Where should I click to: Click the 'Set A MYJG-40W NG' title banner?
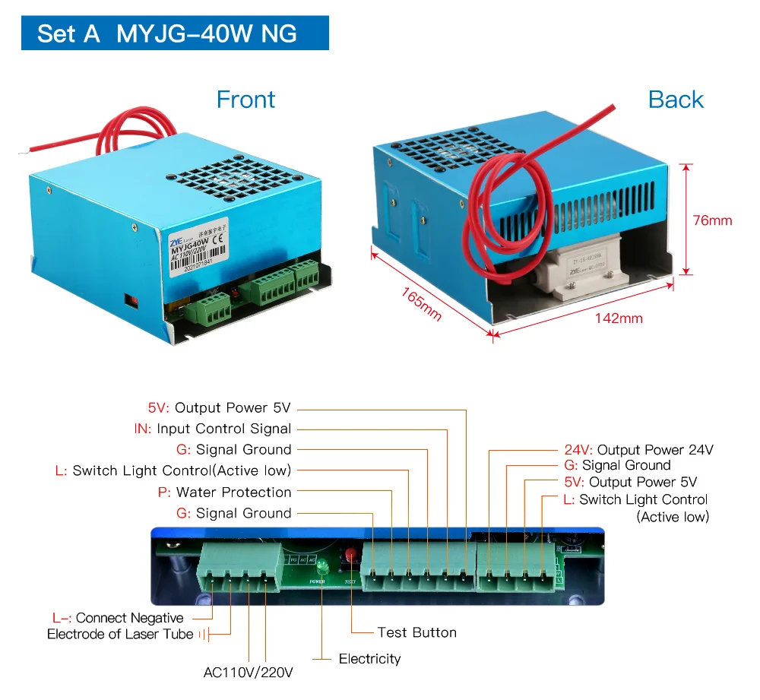click(x=174, y=33)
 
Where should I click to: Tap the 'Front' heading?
click(x=245, y=100)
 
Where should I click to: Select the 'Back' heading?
click(x=676, y=100)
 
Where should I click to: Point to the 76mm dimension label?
click(x=712, y=220)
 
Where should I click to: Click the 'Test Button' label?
click(x=416, y=632)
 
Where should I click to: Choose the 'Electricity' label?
click(x=369, y=658)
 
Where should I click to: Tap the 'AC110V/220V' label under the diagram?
click(x=248, y=673)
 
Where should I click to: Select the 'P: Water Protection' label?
click(x=224, y=493)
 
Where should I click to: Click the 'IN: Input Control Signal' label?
click(x=213, y=429)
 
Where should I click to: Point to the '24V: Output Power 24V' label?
click(x=638, y=450)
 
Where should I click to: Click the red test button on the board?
click(x=351, y=555)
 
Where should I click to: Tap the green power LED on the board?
click(x=321, y=566)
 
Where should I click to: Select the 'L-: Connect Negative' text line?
click(x=118, y=618)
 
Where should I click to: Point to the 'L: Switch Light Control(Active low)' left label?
click(x=173, y=471)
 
